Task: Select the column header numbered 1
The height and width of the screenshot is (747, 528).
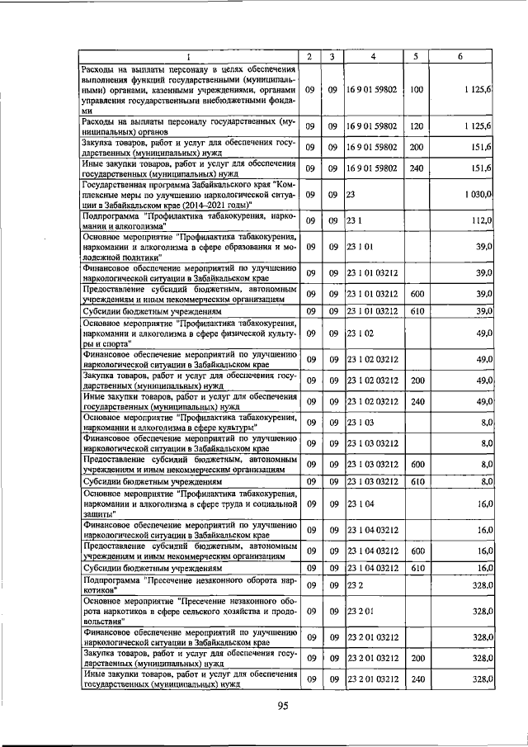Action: click(187, 56)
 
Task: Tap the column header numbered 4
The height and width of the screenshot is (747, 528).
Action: click(374, 56)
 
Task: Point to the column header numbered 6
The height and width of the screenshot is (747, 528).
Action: click(460, 56)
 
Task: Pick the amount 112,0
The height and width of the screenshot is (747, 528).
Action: click(482, 220)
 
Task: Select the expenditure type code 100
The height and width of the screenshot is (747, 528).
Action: click(416, 89)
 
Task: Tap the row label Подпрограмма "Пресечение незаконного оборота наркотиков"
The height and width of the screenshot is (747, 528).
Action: click(188, 585)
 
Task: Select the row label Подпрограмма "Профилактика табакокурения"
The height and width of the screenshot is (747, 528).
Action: click(188, 220)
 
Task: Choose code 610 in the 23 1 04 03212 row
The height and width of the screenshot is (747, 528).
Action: click(416, 568)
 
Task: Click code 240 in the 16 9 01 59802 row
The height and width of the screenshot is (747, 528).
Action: click(416, 168)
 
